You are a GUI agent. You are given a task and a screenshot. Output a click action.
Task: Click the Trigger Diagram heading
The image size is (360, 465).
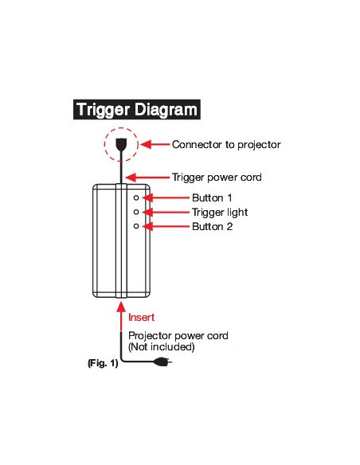pos(136,110)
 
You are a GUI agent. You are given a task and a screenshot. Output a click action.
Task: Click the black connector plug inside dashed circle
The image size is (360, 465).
pos(121,145)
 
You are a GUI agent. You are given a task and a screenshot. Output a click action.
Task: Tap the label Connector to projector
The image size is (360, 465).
pos(226,145)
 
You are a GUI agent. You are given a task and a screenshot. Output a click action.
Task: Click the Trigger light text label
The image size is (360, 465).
pos(220,212)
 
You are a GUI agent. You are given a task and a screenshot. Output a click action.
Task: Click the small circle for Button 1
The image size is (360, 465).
pos(136,197)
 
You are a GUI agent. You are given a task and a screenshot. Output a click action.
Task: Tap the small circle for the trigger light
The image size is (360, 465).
pos(136,212)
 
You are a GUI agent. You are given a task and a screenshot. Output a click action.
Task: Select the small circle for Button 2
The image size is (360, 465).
pos(136,227)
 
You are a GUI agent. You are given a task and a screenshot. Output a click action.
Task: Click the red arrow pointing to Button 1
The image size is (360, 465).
pos(164,197)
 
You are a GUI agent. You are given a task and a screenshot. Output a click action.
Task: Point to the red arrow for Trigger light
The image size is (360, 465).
pos(164,212)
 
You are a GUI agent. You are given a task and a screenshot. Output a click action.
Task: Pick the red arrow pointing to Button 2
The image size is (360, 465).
pos(164,227)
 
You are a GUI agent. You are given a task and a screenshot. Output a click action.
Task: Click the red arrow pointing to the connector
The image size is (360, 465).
pos(155,145)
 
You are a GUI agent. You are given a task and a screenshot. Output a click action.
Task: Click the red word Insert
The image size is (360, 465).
pos(141,317)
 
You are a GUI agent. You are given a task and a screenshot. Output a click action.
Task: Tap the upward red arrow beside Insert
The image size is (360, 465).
pos(121,315)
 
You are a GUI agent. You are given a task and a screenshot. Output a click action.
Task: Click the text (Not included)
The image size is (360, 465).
pos(162,348)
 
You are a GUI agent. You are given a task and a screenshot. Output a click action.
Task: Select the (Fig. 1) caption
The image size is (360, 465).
pos(102,363)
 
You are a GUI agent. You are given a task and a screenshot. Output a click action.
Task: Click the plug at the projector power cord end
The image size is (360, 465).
pos(164,364)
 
